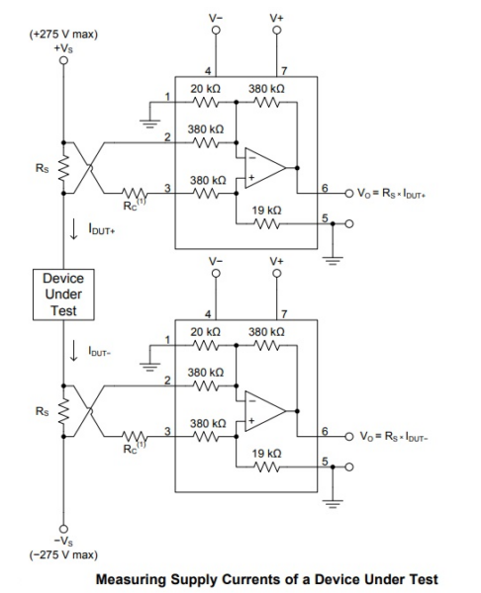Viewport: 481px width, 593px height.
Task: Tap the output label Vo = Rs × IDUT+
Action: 397,190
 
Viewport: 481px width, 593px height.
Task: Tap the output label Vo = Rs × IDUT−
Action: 397,434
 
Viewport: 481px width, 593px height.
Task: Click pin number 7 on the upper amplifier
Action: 282,71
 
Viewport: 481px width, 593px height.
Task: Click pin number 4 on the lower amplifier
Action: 208,315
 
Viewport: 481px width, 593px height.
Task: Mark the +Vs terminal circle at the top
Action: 64,60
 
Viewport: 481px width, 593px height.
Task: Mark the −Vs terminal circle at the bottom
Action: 64,528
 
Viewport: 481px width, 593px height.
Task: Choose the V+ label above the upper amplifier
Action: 276,16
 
